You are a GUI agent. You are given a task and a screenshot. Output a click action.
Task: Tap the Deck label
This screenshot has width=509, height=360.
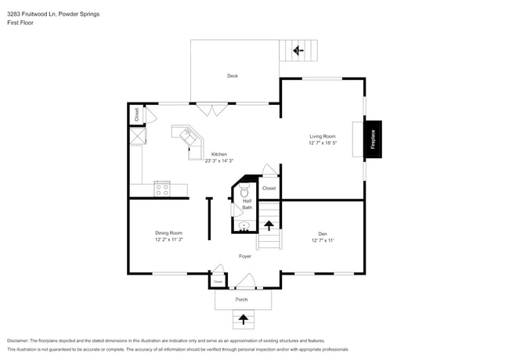pyautogui.click(x=233, y=76)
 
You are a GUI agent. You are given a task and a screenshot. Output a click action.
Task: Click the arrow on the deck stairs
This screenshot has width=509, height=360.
pyautogui.click(x=298, y=51)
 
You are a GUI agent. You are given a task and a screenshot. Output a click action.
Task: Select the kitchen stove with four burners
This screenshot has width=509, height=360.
pyautogui.click(x=162, y=188)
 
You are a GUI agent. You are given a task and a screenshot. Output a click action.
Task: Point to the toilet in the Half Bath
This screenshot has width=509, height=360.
pyautogui.click(x=244, y=191)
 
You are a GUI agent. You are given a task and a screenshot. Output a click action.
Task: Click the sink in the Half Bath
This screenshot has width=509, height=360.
pyautogui.click(x=244, y=225)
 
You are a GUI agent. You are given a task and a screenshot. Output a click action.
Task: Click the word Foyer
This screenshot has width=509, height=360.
pyautogui.click(x=245, y=256)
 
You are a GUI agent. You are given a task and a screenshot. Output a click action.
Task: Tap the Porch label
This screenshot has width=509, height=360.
pyautogui.click(x=242, y=300)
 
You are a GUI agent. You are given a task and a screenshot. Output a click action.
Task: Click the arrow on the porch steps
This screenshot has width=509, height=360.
pyautogui.click(x=244, y=319)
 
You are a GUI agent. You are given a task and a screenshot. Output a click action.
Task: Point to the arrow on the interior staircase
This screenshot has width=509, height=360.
pyautogui.click(x=269, y=226)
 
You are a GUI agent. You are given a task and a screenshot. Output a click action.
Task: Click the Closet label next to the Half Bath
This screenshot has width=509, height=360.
pyautogui.click(x=269, y=188)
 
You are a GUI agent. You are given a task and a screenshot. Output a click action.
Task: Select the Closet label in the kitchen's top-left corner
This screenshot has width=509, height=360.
pyautogui.click(x=137, y=113)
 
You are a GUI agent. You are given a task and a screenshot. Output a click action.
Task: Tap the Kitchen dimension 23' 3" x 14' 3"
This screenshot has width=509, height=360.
pyautogui.click(x=219, y=161)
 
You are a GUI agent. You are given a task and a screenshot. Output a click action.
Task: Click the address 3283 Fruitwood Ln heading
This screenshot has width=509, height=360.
pyautogui.click(x=43, y=14)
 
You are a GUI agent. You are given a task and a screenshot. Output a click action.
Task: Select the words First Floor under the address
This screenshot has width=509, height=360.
pyautogui.click(x=21, y=23)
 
